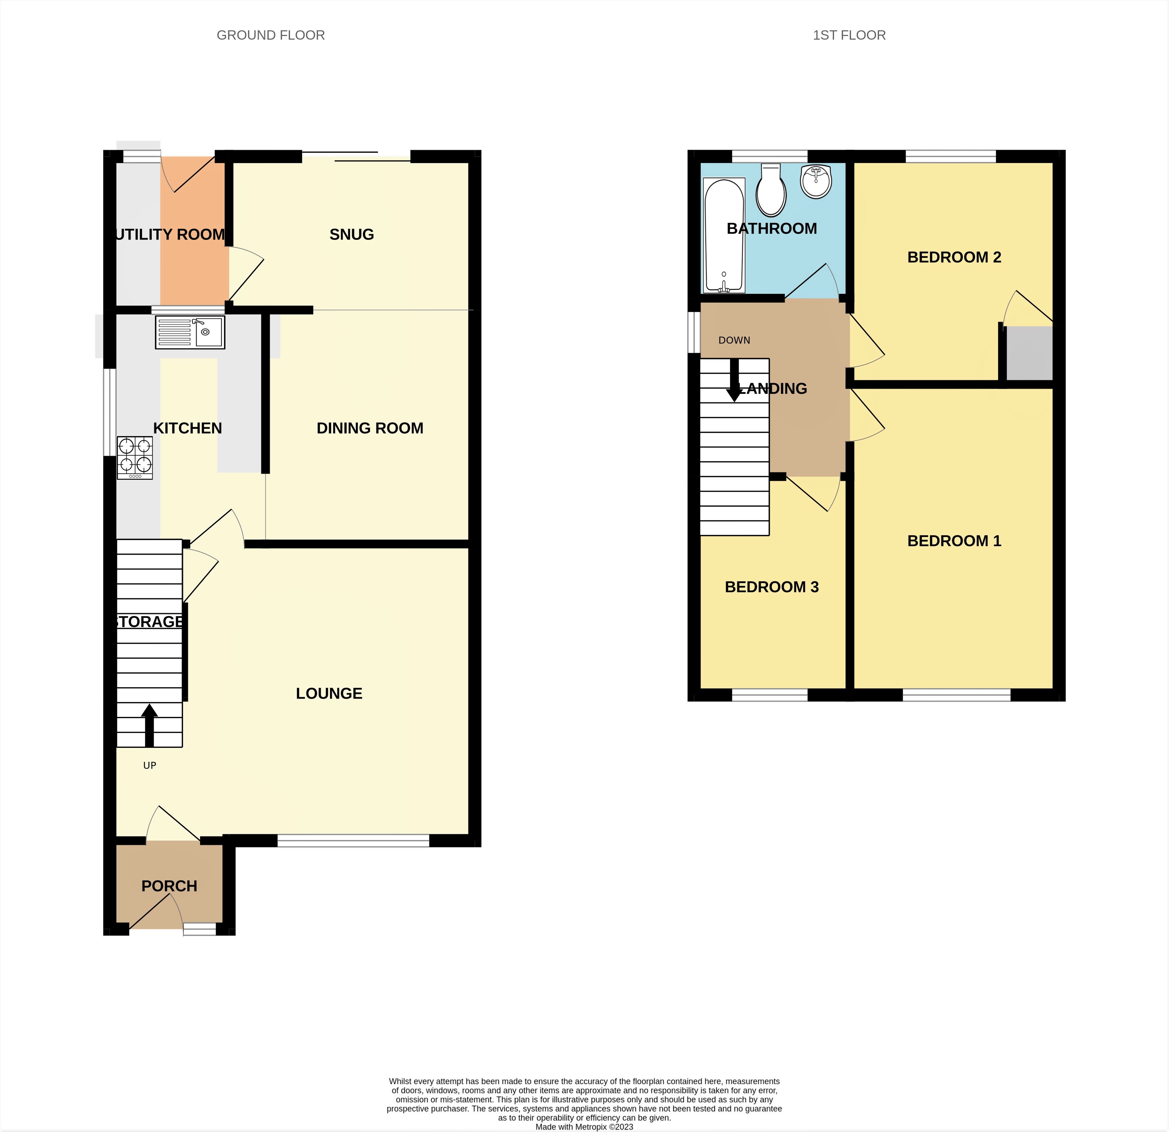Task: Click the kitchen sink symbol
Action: pyautogui.click(x=190, y=332)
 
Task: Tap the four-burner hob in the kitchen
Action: pyautogui.click(x=135, y=457)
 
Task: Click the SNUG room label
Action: pyautogui.click(x=351, y=234)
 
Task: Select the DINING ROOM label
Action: pyautogui.click(x=370, y=428)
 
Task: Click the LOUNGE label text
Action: pyautogui.click(x=329, y=693)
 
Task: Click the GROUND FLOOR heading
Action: pyautogui.click(x=270, y=35)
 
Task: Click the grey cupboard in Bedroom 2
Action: pyautogui.click(x=1029, y=353)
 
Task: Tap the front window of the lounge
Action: pyautogui.click(x=353, y=841)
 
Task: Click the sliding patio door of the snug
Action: pyautogui.click(x=356, y=157)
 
